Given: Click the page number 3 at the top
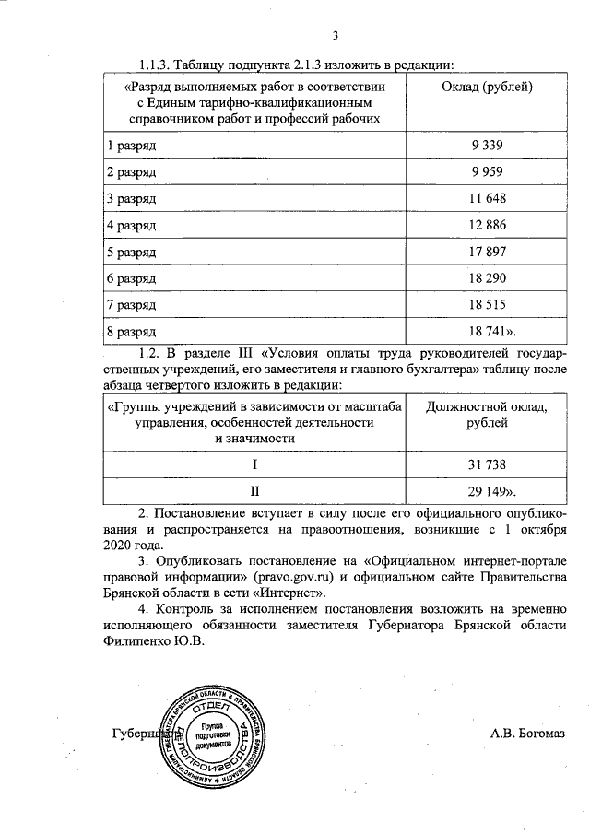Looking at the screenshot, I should [x=336, y=36].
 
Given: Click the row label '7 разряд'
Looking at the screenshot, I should [x=131, y=304].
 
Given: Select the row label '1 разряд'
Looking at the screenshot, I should [x=131, y=147].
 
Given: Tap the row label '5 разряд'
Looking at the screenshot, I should [x=131, y=252].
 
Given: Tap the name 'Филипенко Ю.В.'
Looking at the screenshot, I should [x=153, y=644].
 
